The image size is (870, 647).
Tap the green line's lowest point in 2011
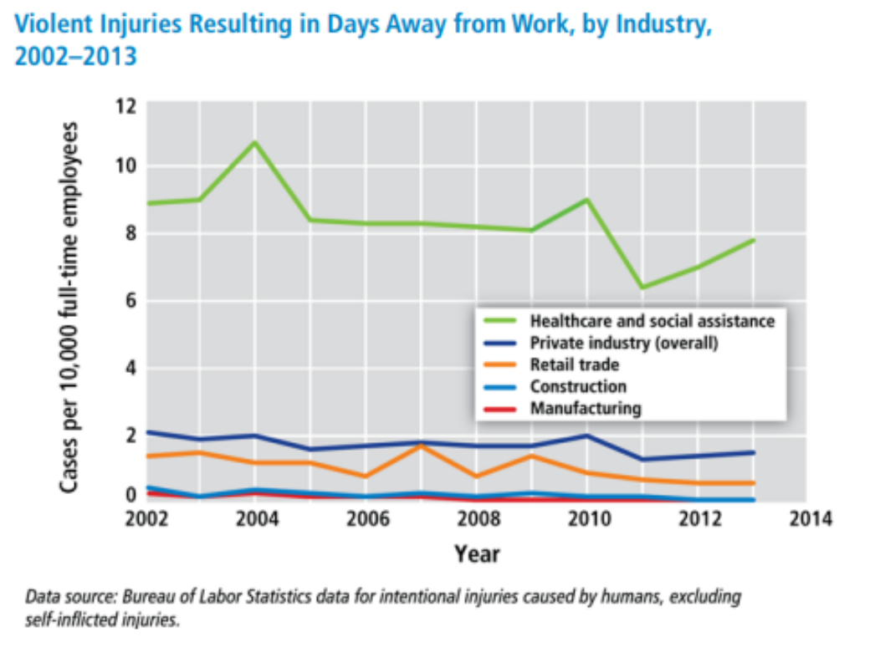point(642,287)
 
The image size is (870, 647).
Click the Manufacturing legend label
point(585,409)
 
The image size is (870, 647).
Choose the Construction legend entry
point(577,386)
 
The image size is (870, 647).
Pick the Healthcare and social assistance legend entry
point(652,320)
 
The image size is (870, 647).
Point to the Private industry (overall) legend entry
point(623,343)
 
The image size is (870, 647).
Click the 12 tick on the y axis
point(125,106)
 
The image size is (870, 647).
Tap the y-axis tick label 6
point(130,301)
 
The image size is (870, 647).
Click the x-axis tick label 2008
point(477,519)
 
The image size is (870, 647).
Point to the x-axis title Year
point(477,553)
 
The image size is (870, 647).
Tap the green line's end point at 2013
point(754,241)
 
